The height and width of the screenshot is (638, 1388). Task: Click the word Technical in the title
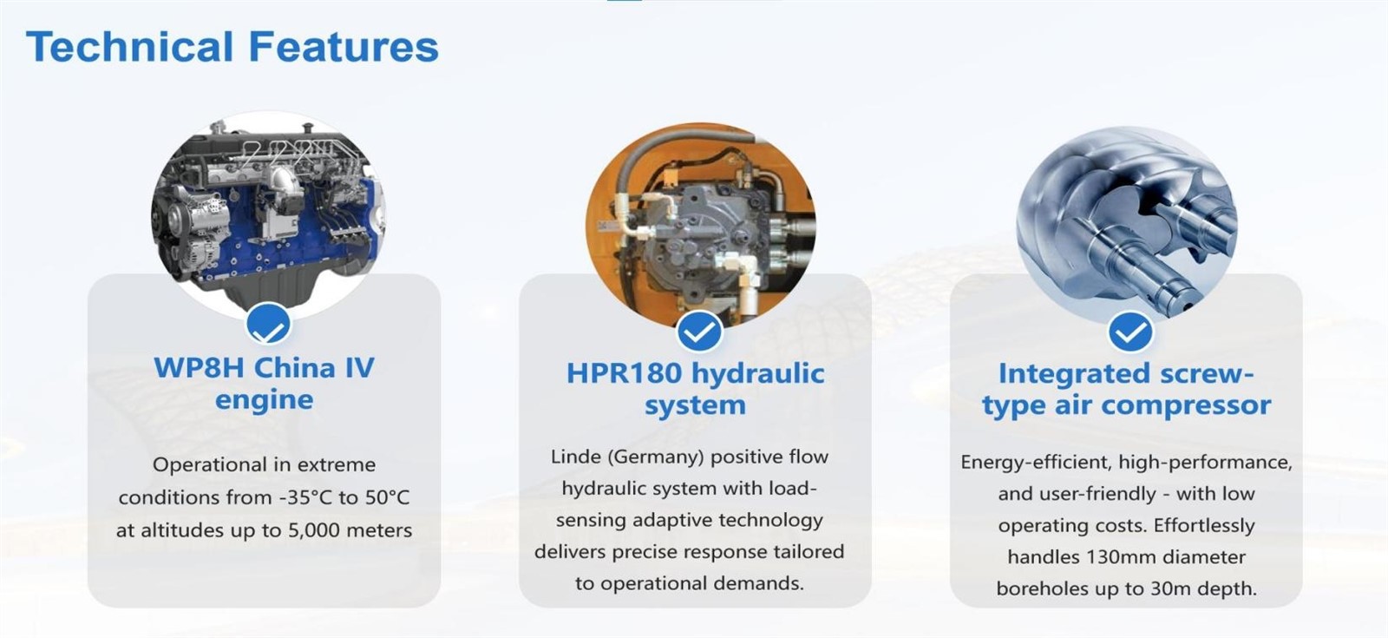[x=129, y=47]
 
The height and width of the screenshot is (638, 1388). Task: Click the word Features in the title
[x=344, y=47]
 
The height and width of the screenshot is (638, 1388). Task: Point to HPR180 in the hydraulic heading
[x=624, y=373]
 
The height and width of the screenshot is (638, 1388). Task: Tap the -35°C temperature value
[x=304, y=497]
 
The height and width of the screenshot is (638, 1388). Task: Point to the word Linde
[x=576, y=457]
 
